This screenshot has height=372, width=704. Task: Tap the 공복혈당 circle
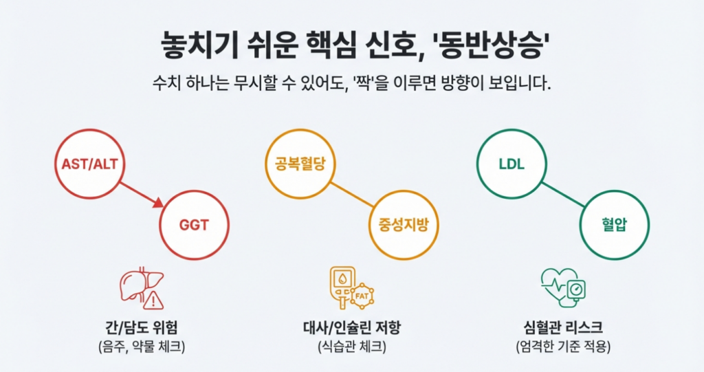(x=298, y=164)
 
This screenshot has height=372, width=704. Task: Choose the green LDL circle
(x=511, y=164)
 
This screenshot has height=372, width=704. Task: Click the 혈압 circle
(x=615, y=225)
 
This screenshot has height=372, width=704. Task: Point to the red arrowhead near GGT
(x=158, y=203)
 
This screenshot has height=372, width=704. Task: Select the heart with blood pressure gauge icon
(x=563, y=287)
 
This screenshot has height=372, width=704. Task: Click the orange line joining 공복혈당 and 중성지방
(x=351, y=195)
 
